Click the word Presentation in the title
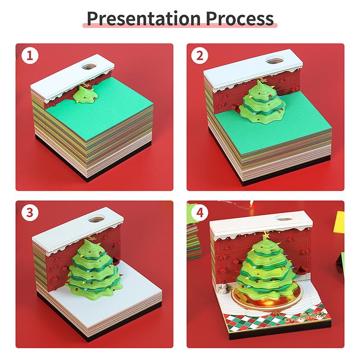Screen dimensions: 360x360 pos(144,18)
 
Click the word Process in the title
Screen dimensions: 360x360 pos(240,18)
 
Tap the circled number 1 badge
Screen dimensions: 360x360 pos(30,56)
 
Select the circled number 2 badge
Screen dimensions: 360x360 pos(200,56)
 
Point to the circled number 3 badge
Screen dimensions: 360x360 pos(30,213)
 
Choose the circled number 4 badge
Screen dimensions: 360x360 pos(200,213)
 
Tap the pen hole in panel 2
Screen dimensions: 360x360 pos(275,61)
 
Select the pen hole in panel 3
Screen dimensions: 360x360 pos(97,219)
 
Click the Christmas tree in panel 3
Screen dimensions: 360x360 pos(94,269)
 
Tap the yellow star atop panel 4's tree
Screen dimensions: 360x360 pos(266,235)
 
